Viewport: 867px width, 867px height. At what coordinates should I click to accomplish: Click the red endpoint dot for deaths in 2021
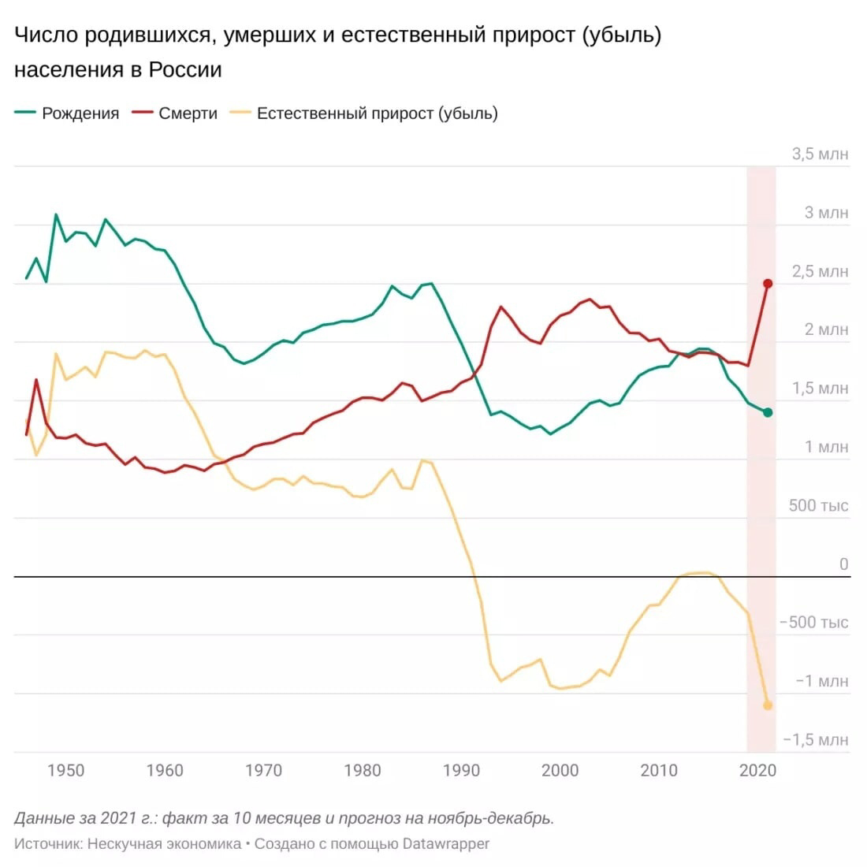coord(768,284)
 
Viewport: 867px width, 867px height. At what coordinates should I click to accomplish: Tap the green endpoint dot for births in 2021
coord(768,412)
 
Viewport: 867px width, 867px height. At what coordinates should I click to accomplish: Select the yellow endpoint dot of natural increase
coord(768,705)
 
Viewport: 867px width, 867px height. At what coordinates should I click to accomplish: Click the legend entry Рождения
coord(80,113)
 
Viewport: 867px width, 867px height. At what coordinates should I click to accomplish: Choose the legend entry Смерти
coord(188,113)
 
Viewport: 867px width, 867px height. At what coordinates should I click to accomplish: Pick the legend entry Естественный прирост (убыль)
coord(377,113)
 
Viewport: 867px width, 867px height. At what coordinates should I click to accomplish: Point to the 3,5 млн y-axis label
coord(820,154)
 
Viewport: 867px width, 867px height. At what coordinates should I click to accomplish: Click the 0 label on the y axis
coord(843,564)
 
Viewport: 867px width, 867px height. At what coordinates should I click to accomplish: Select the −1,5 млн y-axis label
coord(816,740)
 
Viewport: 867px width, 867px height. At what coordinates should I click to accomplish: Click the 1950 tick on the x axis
coord(65,770)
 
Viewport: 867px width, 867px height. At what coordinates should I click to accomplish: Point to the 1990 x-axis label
coord(461,770)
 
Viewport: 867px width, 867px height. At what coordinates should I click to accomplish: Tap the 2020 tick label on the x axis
coord(757,770)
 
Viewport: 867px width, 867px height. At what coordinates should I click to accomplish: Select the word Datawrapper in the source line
coord(445,844)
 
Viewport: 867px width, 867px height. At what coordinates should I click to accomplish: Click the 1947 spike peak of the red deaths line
coord(36,380)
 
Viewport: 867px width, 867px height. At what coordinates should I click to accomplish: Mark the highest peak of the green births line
coord(56,214)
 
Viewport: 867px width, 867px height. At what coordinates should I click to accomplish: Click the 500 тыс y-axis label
coord(818,506)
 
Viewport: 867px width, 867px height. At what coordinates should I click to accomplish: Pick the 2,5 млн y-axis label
coord(820,272)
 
